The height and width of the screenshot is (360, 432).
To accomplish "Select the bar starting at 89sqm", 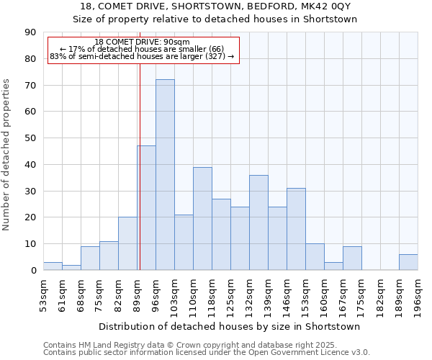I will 146,208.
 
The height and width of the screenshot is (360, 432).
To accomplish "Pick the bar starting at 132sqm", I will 258,222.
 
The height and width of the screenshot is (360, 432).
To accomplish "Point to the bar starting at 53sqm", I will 53,266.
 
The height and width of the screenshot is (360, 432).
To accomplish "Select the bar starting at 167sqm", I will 352,258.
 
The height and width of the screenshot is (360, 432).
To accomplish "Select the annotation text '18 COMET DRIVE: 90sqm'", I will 142,42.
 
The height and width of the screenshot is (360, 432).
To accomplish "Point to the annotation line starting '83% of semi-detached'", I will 142,56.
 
